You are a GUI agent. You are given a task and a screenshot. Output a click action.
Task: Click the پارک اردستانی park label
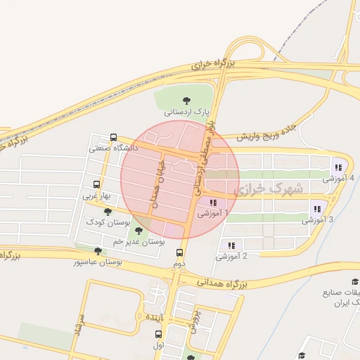tap(187, 112)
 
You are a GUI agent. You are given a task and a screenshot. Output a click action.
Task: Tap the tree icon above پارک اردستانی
tap(186, 101)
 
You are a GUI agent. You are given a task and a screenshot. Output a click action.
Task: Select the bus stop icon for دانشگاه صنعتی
tap(114, 138)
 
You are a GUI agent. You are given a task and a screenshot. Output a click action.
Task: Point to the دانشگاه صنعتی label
tap(114, 148)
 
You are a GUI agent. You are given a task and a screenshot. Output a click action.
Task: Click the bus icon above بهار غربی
tap(96, 185)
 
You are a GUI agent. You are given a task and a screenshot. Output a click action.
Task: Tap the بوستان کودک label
tap(106, 222)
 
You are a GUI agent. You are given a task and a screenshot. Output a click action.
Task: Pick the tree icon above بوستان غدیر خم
tap(138, 229)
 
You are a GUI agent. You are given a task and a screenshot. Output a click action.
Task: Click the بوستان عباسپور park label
tap(98, 262)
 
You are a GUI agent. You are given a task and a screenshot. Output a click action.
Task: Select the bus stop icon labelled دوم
tap(180, 252)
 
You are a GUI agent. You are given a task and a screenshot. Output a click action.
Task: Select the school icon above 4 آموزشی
tap(338, 167)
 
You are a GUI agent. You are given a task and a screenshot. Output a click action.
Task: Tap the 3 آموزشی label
tap(321, 219)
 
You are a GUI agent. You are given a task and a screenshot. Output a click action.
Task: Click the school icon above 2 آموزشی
tap(231, 245)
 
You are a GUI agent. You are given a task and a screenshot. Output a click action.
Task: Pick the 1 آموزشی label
tap(213, 212)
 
